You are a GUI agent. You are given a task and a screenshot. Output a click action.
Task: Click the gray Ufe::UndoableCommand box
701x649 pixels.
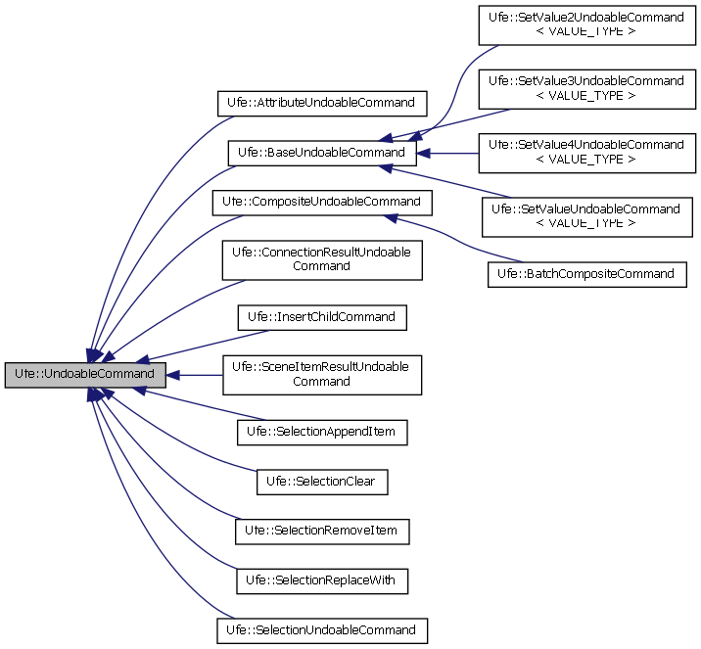pyautogui.click(x=85, y=374)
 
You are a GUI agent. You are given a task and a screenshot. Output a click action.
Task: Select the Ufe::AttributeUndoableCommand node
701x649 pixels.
pyautogui.click(x=321, y=101)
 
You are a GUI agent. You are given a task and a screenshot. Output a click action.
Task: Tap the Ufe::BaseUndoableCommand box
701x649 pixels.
pyautogui.click(x=322, y=153)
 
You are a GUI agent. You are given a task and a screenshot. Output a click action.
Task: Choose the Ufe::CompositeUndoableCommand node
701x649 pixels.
pyautogui.click(x=321, y=202)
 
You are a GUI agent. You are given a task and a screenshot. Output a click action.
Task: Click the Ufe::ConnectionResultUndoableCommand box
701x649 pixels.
pyautogui.click(x=321, y=258)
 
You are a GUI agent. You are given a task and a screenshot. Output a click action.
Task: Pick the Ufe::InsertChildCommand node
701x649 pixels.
pyautogui.click(x=321, y=317)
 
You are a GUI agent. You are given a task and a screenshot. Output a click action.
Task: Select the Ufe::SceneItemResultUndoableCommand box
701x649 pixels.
pyautogui.click(x=321, y=374)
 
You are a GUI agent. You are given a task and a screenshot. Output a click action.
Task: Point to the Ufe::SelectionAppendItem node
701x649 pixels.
pyautogui.click(x=321, y=431)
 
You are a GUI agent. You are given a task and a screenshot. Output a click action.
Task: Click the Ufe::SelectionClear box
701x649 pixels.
pyautogui.click(x=321, y=482)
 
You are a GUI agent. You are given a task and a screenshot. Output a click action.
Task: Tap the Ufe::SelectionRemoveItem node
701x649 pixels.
pyautogui.click(x=321, y=531)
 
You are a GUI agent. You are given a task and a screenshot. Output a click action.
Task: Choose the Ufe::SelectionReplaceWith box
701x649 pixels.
pyautogui.click(x=321, y=580)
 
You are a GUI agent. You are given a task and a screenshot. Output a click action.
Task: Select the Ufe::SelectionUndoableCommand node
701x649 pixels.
pyautogui.click(x=321, y=629)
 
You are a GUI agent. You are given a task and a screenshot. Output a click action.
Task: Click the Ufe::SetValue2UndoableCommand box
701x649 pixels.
pyautogui.click(x=586, y=24)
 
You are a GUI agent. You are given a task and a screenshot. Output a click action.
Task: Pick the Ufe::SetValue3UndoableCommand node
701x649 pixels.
pyautogui.click(x=586, y=88)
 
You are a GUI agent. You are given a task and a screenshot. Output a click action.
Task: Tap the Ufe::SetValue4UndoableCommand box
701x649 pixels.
pyautogui.click(x=586, y=152)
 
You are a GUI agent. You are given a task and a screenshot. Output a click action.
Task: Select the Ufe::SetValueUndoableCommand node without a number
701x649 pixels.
pyautogui.click(x=586, y=216)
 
